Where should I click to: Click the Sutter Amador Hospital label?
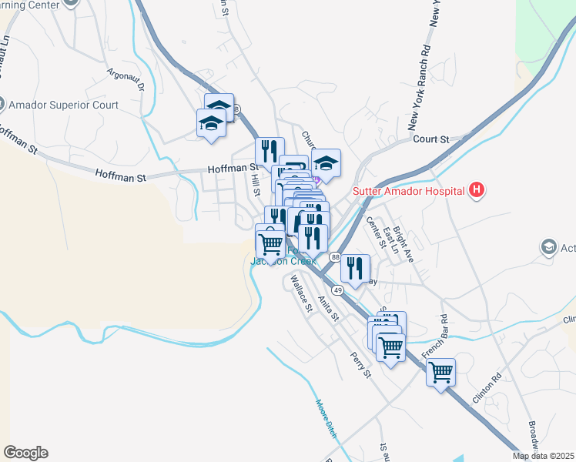(x=408, y=191)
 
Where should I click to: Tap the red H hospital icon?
(x=477, y=190)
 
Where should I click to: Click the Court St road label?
(x=430, y=139)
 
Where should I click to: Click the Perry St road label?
(x=359, y=360)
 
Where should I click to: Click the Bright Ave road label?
(x=404, y=244)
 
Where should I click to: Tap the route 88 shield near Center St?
(x=335, y=256)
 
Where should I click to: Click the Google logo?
(x=25, y=453)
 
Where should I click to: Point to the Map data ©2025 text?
(x=543, y=456)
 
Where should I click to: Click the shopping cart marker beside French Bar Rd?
(x=440, y=373)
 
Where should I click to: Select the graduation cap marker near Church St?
(x=326, y=164)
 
